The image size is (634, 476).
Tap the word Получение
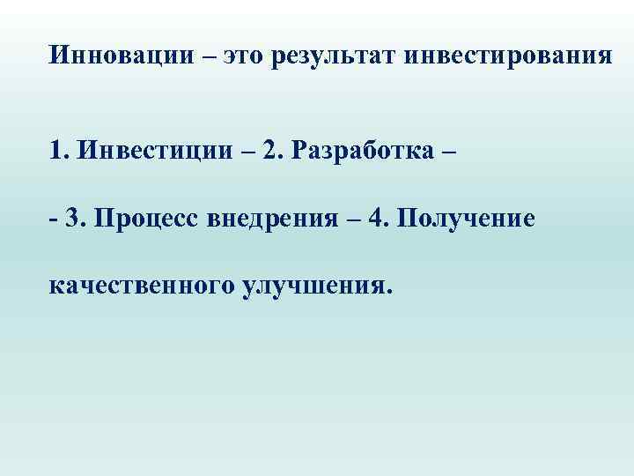point(466,217)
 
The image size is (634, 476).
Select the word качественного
point(139,286)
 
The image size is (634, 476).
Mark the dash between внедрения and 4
point(352,217)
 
